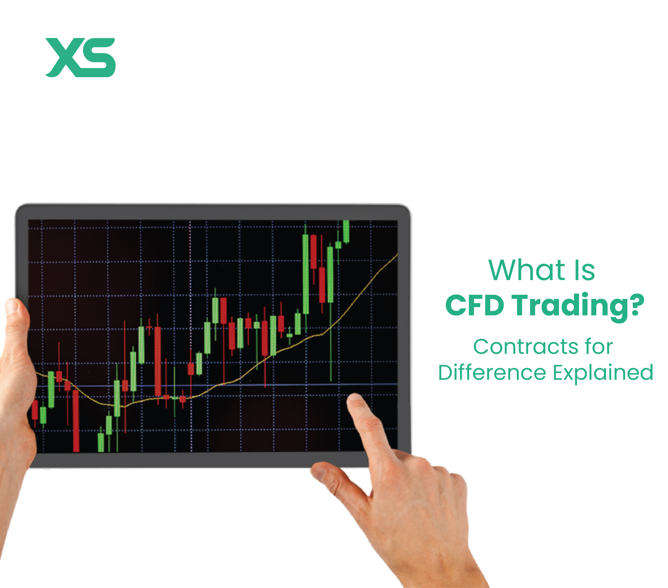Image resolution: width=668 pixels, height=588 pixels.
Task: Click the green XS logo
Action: pos(80,57)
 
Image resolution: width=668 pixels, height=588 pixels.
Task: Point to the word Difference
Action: pos(492,373)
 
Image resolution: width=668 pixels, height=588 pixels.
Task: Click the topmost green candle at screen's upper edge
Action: pos(346,231)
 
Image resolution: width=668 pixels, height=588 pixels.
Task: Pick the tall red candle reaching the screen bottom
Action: pos(76,422)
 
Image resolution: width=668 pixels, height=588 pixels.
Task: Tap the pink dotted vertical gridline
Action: pos(191,294)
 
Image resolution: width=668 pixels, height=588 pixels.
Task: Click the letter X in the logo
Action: pos(64,57)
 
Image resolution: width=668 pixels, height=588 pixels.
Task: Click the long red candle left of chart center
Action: pos(158,361)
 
